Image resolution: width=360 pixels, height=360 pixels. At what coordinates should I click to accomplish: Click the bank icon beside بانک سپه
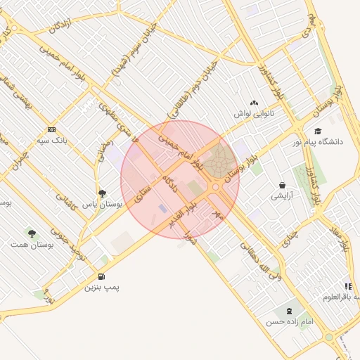[51, 129]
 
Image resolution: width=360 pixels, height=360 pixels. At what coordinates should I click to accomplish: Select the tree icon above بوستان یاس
[102, 193]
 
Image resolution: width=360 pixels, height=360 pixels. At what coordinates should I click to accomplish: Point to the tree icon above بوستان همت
[31, 232]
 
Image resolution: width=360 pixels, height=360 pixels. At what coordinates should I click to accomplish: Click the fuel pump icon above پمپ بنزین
[103, 276]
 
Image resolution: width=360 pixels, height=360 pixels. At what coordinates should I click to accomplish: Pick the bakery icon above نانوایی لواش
[254, 103]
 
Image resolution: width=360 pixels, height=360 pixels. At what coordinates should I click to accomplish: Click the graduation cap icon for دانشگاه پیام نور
[318, 131]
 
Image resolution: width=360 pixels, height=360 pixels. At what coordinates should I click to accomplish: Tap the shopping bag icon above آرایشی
[282, 186]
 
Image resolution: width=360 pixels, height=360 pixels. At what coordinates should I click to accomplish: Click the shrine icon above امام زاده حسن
[288, 311]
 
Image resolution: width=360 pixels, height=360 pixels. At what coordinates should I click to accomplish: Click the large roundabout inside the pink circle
[220, 160]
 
